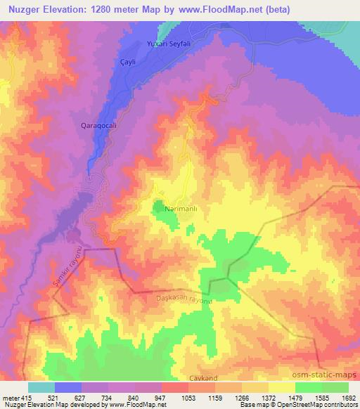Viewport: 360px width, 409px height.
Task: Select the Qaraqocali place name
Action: (97, 126)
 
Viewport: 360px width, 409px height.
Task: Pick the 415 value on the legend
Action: (25, 397)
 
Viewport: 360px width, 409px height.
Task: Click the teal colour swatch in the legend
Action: (41, 387)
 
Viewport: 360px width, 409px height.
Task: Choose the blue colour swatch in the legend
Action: (68, 387)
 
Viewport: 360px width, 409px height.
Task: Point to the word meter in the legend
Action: (11, 397)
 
